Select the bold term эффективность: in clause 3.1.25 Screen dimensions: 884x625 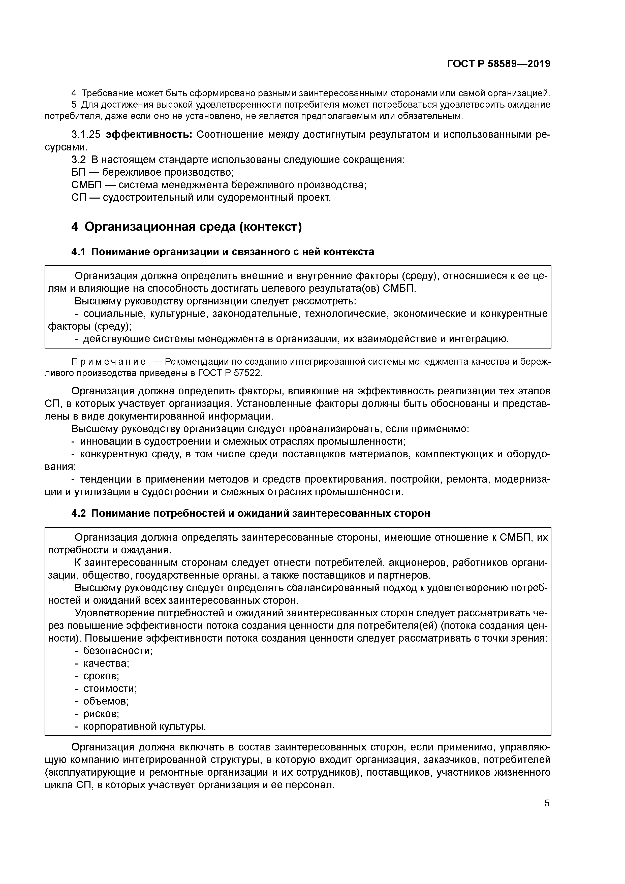(149, 134)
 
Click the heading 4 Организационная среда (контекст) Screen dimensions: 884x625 (186, 227)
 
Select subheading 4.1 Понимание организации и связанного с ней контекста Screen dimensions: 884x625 (223, 252)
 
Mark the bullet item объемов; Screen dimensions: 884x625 (106, 701)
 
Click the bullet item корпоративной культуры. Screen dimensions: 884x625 (144, 727)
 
